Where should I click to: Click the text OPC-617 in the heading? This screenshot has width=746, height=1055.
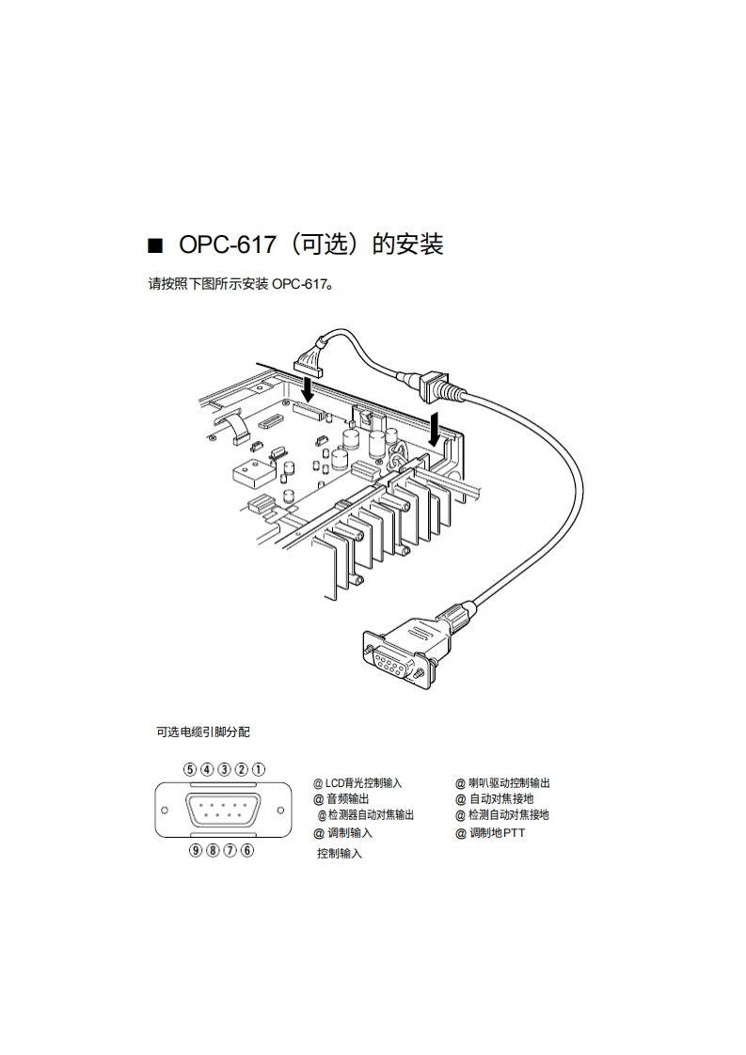pos(227,245)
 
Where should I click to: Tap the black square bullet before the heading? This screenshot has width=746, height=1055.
pos(156,246)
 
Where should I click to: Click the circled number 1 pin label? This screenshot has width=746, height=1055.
pos(259,768)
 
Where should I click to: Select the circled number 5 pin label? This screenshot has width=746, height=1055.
pos(190,768)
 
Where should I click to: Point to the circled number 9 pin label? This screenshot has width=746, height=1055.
pos(196,851)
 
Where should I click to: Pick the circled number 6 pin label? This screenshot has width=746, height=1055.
pos(247,851)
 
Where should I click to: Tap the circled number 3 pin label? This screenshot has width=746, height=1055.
pos(224,768)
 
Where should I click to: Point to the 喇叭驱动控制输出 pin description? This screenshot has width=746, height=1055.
pos(509,782)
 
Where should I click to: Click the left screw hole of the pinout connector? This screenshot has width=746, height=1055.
pos(165,810)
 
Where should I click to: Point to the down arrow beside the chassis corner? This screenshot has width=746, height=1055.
pos(434,429)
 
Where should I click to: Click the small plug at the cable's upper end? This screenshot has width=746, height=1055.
pos(309,357)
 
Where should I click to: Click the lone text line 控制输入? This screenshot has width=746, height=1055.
pos(340,854)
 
